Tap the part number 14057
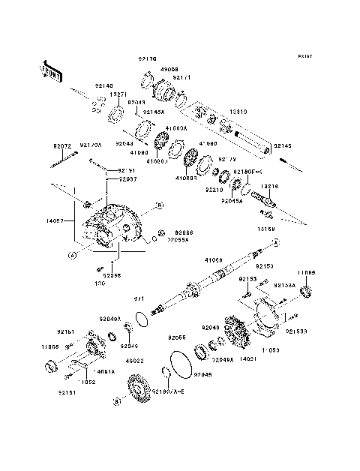[56, 221]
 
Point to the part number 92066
[184, 233]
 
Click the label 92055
[177, 337]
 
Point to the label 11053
[271, 349]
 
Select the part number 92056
[112, 275]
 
